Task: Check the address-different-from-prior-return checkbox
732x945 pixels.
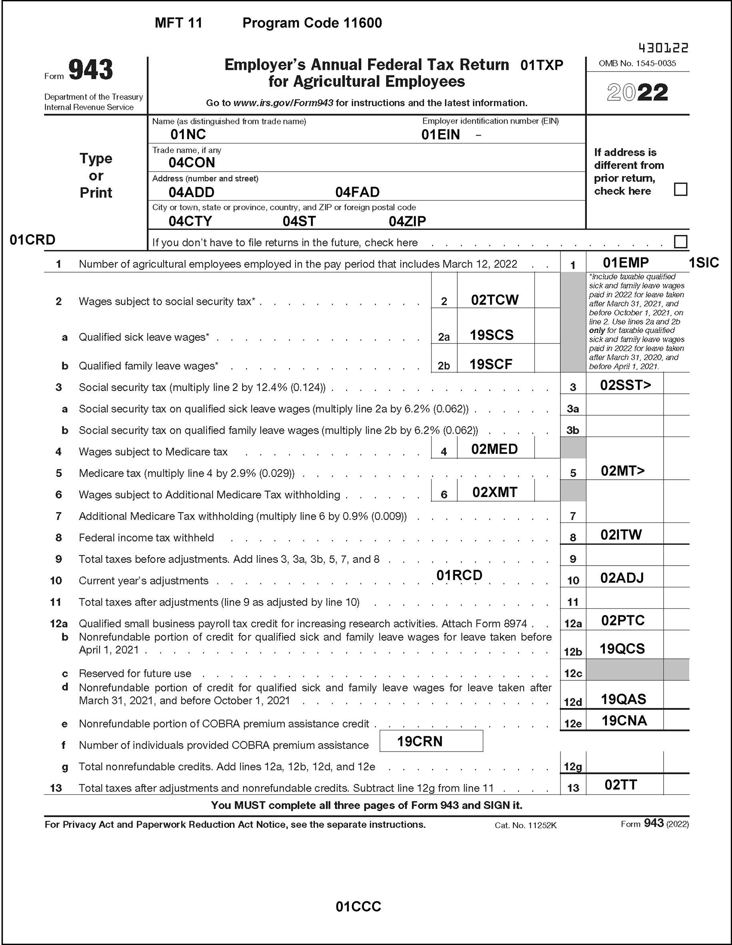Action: [680, 189]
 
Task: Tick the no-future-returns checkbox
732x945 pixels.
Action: [680, 241]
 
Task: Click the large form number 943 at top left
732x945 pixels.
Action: [91, 70]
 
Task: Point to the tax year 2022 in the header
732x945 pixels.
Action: [637, 92]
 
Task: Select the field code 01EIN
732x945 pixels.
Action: [441, 135]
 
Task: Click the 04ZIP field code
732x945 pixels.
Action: [407, 221]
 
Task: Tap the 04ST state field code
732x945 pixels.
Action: [299, 221]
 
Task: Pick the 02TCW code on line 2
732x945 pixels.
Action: [495, 300]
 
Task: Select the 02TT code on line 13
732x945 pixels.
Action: [620, 785]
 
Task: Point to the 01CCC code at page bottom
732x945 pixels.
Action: [358, 907]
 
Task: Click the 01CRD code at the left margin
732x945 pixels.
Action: [32, 240]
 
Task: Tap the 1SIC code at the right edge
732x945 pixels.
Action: [704, 263]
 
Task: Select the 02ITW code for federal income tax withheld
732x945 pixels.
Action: [621, 535]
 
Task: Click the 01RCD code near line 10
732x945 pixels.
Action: [459, 575]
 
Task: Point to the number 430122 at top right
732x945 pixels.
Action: [663, 48]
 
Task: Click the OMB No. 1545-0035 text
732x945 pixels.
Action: [637, 64]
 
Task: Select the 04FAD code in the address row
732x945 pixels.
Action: [357, 192]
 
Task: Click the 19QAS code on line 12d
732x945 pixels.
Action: [623, 699]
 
